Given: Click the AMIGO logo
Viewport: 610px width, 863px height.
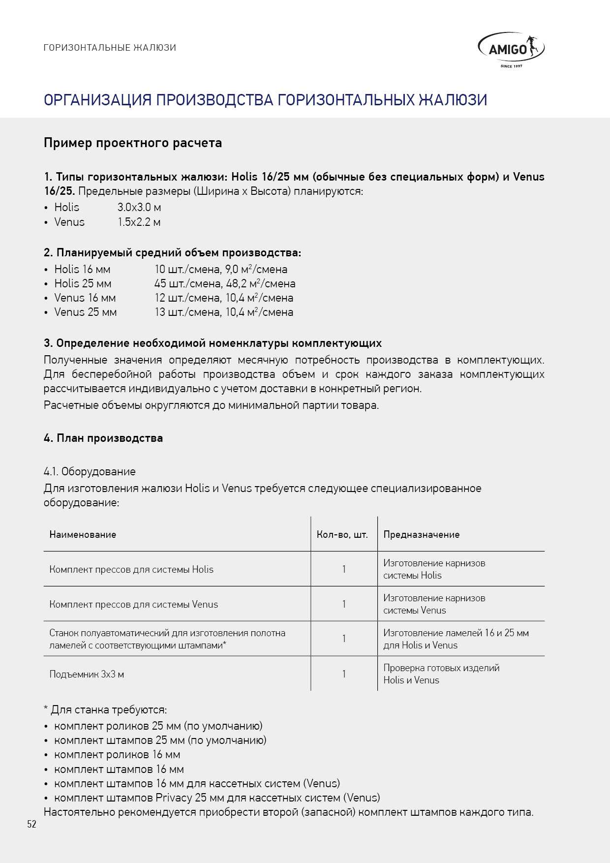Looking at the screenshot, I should (x=511, y=50).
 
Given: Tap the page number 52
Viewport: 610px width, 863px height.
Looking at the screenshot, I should (x=31, y=825).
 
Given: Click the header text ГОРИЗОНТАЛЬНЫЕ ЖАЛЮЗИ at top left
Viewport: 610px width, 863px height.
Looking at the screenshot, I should (x=110, y=48).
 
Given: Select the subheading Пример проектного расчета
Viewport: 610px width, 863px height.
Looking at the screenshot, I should (x=133, y=143).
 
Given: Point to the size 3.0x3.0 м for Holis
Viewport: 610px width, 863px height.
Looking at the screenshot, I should (x=139, y=208).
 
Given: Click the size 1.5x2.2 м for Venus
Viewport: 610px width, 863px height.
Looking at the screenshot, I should (x=139, y=222).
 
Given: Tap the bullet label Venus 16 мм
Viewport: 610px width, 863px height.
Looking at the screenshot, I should (x=85, y=298).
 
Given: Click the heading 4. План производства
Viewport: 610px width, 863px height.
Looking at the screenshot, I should (x=103, y=438).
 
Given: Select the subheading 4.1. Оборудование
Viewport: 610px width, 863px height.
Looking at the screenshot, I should (x=90, y=472).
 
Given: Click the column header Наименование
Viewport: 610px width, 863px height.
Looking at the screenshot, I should (x=83, y=535).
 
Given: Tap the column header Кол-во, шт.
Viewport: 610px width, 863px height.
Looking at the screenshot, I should (x=342, y=535).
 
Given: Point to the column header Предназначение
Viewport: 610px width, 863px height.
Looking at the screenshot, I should (x=421, y=535).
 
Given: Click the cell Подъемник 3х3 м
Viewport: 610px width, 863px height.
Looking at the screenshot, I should (x=87, y=675).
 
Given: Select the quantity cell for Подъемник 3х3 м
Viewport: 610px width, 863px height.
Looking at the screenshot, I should (x=344, y=674).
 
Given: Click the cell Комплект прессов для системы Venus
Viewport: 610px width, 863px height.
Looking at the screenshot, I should (x=133, y=605).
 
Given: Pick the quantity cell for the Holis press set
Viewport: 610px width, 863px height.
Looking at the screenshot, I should (x=344, y=570).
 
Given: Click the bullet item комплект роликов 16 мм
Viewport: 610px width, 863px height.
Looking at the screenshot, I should (x=117, y=755).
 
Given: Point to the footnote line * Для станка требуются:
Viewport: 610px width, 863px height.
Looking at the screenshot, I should (x=105, y=710).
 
